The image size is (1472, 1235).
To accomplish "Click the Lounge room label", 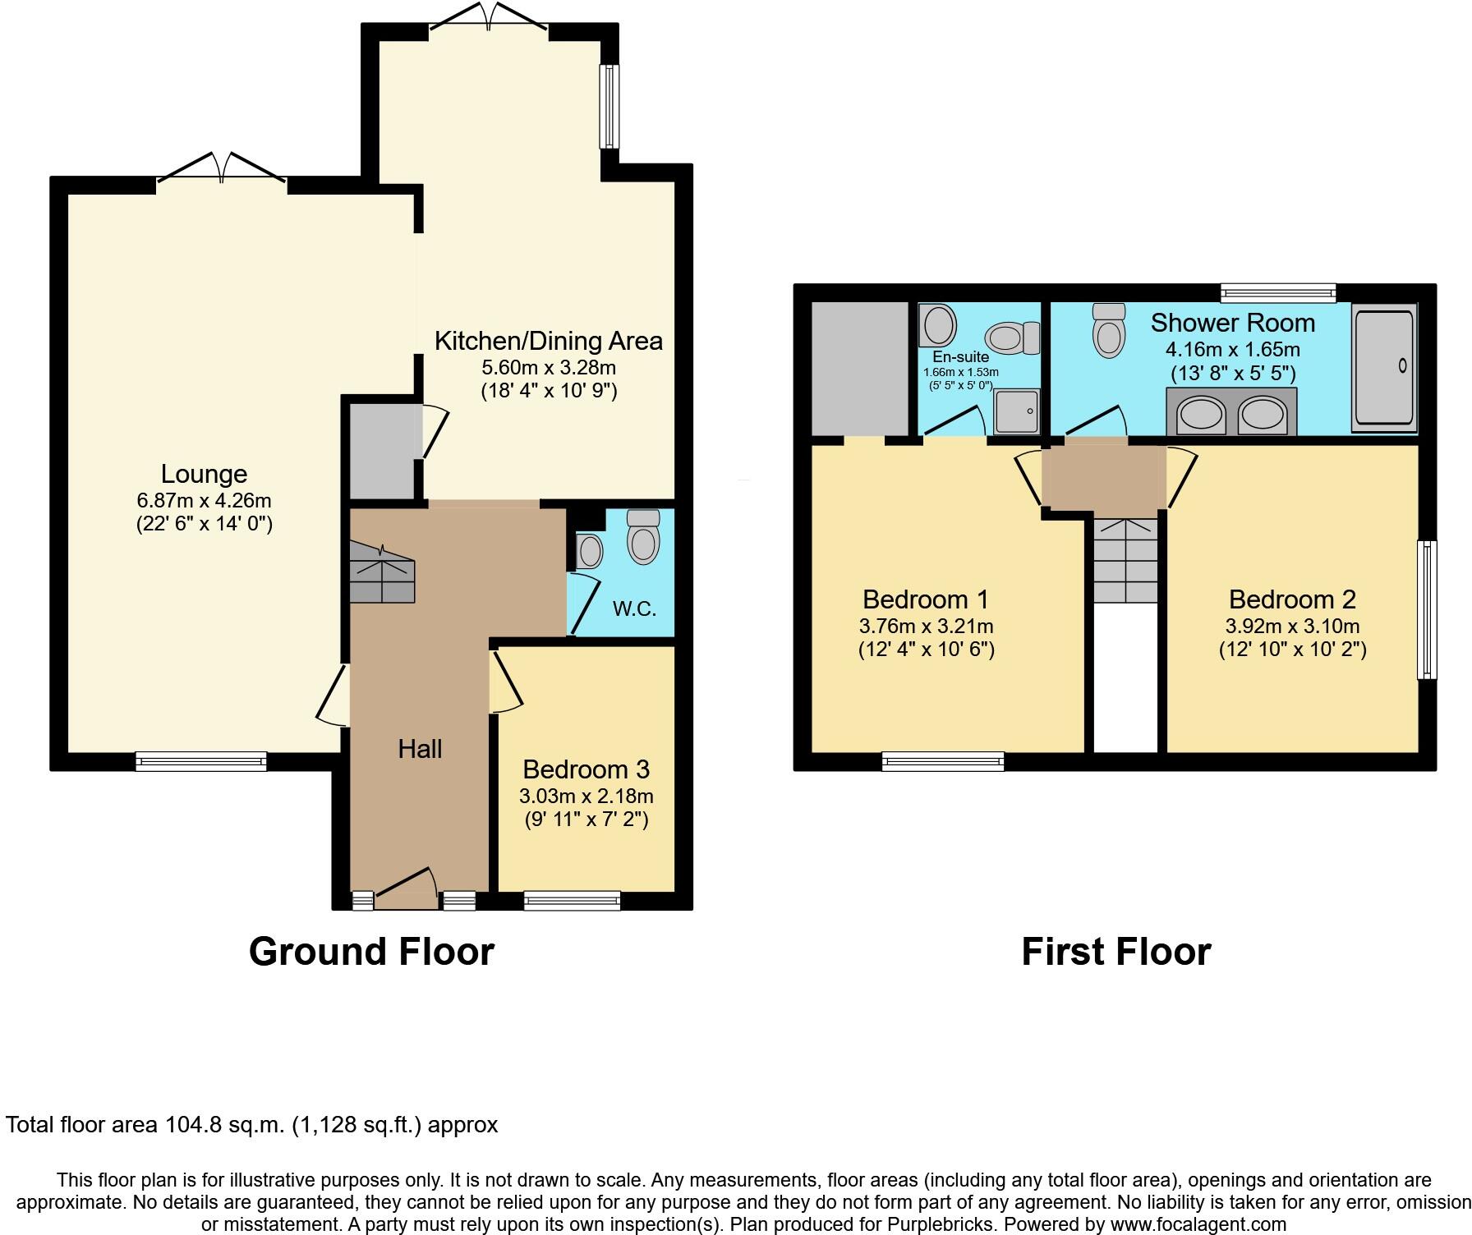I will tap(204, 474).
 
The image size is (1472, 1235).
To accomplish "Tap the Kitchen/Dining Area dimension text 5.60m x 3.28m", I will tap(549, 367).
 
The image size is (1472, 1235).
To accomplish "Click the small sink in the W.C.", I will tap(589, 551).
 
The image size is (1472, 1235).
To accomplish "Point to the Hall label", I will tap(420, 749).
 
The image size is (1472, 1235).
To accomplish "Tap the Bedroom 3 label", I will tap(586, 769).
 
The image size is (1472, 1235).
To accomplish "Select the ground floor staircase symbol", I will tap(382, 572).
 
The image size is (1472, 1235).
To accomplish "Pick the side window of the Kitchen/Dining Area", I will tap(609, 107).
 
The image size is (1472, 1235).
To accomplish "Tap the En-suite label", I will tap(960, 357).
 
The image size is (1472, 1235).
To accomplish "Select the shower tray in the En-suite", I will tap(1017, 411).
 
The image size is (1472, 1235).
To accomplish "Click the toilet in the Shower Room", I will tap(1109, 330).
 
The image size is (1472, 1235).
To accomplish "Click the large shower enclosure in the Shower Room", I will tap(1384, 367).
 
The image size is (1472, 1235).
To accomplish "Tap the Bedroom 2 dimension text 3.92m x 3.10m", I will tap(1292, 626).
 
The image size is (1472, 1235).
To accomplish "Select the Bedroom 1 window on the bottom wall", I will tap(943, 761).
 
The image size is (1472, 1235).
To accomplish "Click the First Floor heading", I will tap(1115, 952).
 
